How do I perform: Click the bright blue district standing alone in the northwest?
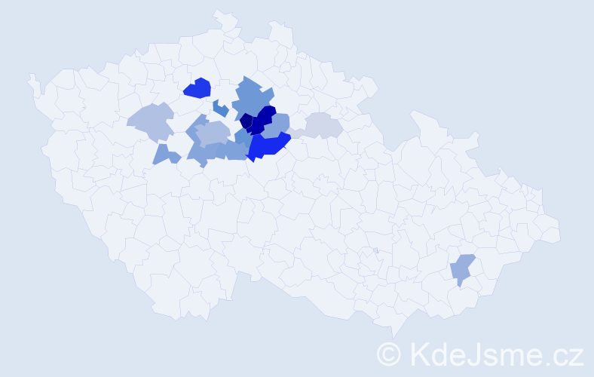[x=197, y=88]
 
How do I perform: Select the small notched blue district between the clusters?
[x=220, y=109]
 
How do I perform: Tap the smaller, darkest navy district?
[x=246, y=121]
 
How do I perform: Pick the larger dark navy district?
[x=263, y=121]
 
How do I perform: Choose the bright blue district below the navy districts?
[x=268, y=145]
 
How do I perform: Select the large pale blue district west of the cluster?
[x=151, y=121]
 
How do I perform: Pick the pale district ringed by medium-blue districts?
[x=213, y=133]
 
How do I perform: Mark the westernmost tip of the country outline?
[x=30, y=76]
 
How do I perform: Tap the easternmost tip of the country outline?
[x=560, y=233]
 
